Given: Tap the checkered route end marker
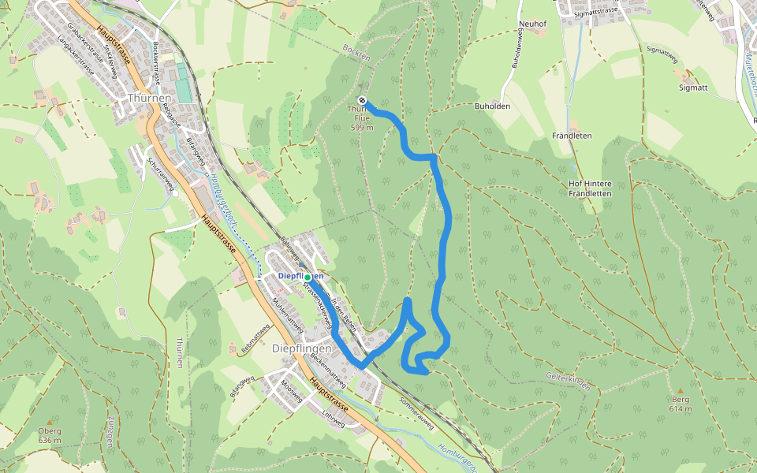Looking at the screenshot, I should coord(362,100).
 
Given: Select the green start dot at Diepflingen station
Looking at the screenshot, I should coord(307,277).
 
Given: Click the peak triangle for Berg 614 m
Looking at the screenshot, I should coord(681,390).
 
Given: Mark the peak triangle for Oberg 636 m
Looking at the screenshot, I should coord(49,423).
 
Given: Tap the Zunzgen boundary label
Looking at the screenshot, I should coord(111,431).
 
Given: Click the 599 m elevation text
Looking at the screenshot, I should coord(361,128).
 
